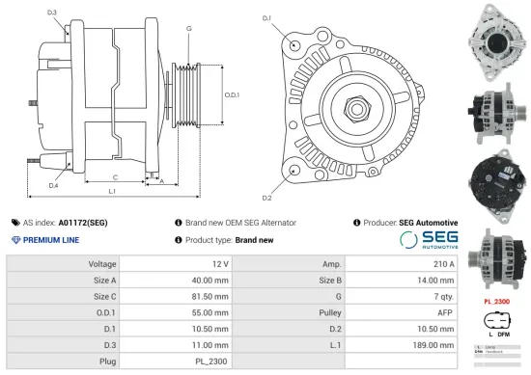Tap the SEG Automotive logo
click(x=428, y=239)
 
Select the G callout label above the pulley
click(x=188, y=29)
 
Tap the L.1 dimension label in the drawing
click(x=113, y=192)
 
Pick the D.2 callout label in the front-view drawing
click(x=266, y=198)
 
